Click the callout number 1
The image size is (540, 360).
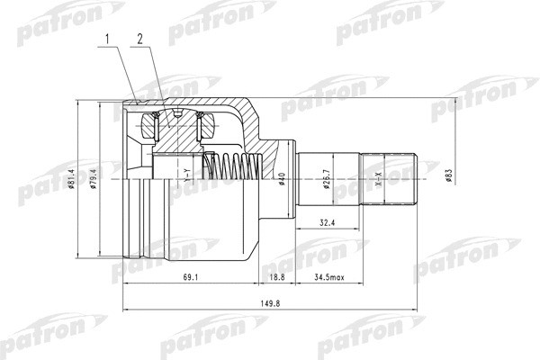[108, 40]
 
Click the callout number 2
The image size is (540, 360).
[139, 40]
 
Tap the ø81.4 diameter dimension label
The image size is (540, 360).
[71, 179]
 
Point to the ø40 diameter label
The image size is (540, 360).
[282, 179]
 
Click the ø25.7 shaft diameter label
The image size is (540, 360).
[327, 179]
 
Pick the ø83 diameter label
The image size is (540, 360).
[448, 175]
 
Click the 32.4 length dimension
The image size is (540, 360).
[327, 223]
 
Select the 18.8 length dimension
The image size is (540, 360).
[277, 277]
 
